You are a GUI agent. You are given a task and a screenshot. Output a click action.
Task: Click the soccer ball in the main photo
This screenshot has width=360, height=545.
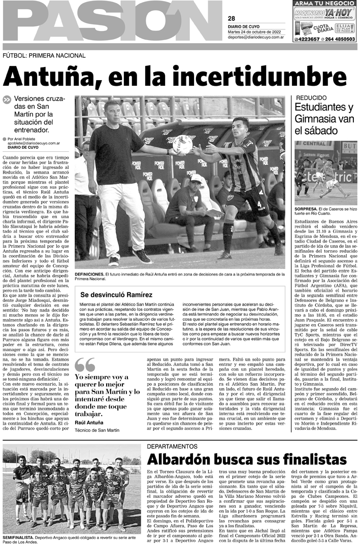coord(182,145)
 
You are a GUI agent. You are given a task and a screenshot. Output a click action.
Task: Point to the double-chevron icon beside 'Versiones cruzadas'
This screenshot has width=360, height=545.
coord(7,100)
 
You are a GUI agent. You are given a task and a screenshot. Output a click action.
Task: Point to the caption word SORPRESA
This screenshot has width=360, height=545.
coord(308,209)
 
